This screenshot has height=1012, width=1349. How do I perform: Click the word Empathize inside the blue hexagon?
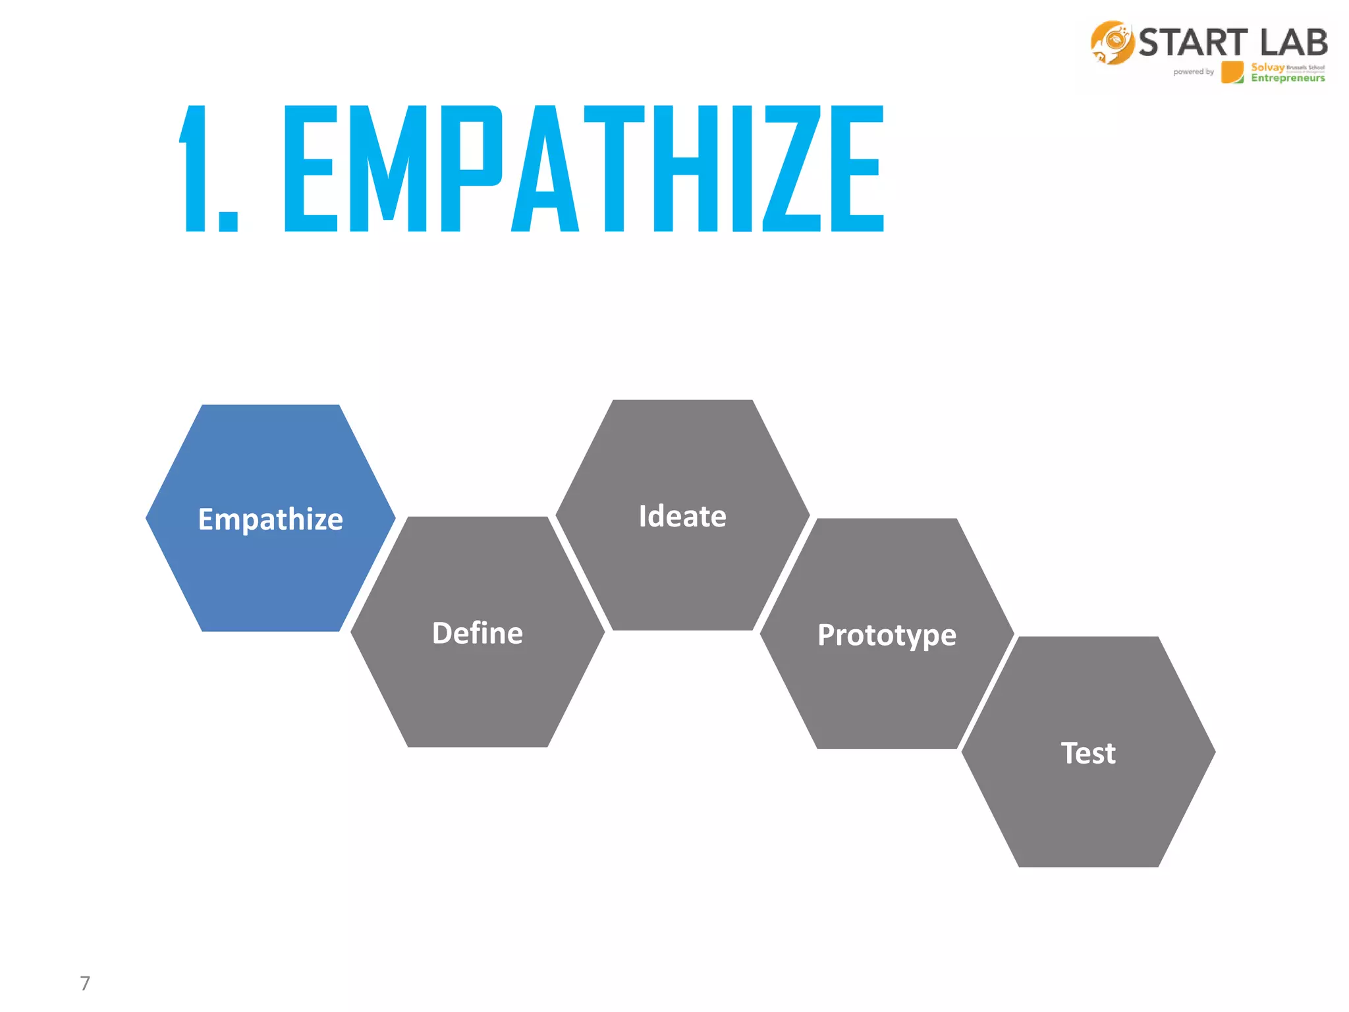click(x=270, y=519)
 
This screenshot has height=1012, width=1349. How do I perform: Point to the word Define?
click(x=478, y=633)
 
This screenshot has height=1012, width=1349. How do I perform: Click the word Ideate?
click(x=682, y=516)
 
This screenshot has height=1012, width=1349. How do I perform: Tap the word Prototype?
click(x=887, y=635)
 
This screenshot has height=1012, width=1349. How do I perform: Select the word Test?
click(x=1088, y=753)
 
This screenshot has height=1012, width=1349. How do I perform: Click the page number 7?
click(x=85, y=983)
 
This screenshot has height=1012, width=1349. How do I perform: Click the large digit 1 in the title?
click(x=195, y=169)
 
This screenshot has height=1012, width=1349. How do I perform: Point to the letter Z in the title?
click(x=792, y=169)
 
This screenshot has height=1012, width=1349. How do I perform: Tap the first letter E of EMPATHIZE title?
click(x=310, y=169)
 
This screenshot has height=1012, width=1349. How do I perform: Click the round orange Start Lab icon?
click(x=1112, y=43)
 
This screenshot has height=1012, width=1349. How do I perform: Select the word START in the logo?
click(x=1193, y=43)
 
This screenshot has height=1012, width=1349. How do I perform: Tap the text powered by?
click(x=1193, y=72)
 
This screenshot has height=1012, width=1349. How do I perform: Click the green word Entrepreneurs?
click(x=1288, y=78)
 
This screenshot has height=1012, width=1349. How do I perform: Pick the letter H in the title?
click(x=685, y=169)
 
